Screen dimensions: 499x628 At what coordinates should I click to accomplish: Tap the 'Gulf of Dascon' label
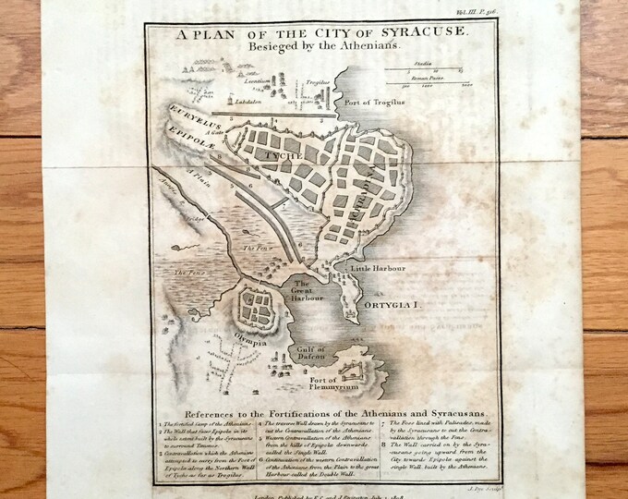pyautogui.click(x=316, y=354)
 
